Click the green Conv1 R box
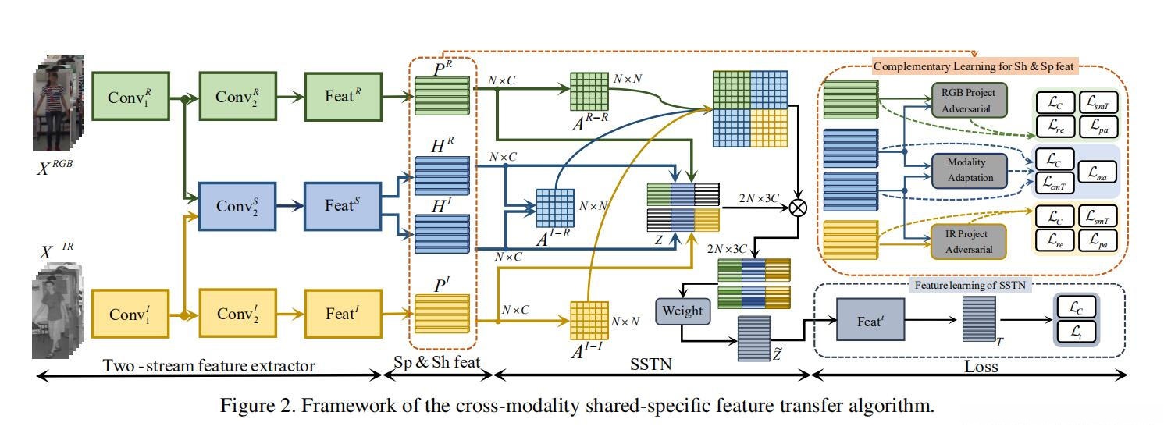coord(130,96)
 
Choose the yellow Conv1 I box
coord(130,313)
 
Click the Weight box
coord(682,311)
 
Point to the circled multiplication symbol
coord(798,206)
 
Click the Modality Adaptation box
coord(966,170)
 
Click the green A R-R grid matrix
coord(589,91)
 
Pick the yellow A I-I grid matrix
coord(589,320)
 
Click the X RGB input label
coord(60,166)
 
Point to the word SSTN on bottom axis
coord(652,364)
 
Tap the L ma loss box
coord(1097,170)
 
